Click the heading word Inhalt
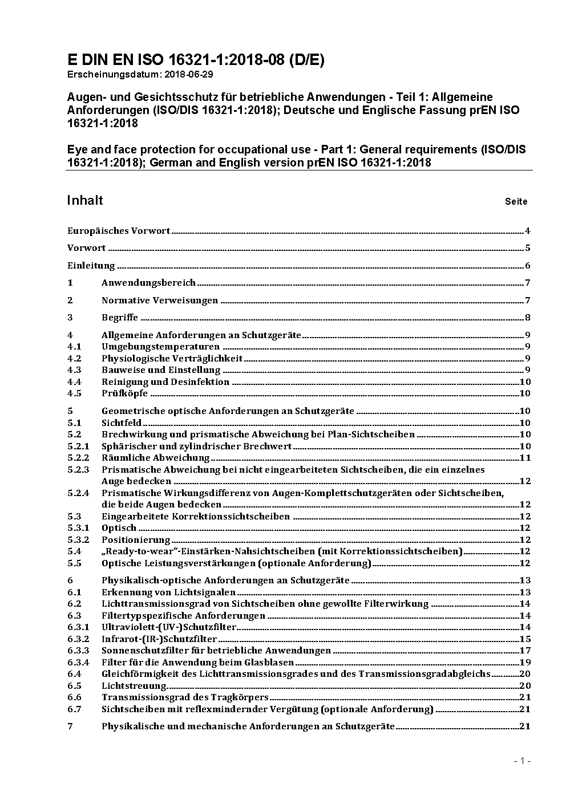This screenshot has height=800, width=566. [x=85, y=200]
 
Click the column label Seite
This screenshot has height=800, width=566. [x=516, y=201]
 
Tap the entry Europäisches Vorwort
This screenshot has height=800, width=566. [x=119, y=231]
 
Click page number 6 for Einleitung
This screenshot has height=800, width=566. [x=528, y=266]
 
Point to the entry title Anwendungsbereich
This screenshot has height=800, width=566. [x=148, y=283]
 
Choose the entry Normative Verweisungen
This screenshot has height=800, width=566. [x=160, y=300]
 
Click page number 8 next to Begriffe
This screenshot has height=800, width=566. [x=528, y=318]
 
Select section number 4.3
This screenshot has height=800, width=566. [x=74, y=370]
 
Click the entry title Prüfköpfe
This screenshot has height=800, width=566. [x=124, y=393]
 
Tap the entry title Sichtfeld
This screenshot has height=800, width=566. [x=122, y=423]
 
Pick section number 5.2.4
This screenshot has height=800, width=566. [x=78, y=493]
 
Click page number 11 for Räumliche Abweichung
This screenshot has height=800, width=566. [x=525, y=458]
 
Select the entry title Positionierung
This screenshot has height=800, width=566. [x=136, y=540]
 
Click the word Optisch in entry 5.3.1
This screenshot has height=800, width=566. [x=119, y=528]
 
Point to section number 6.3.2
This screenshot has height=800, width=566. [x=78, y=639]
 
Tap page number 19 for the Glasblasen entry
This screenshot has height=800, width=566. [x=525, y=663]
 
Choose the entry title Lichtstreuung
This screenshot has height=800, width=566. [x=134, y=686]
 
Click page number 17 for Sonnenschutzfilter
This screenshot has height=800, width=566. [x=525, y=651]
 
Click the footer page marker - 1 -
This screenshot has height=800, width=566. [x=522, y=761]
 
